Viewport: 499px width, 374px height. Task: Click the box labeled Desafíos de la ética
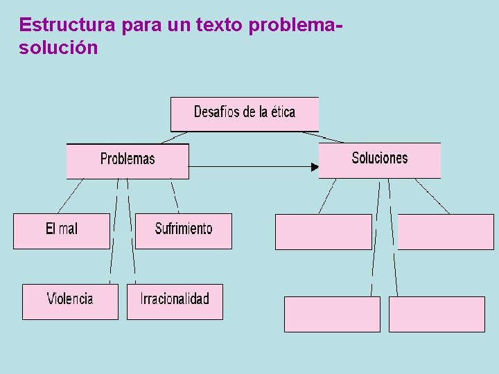pos(245,114)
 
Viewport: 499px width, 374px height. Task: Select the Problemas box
pos(128,161)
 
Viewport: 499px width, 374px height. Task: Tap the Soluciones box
pos(380,160)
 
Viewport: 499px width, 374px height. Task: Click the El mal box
pos(62,231)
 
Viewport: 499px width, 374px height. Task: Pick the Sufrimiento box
pos(184,231)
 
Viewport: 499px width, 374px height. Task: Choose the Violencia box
pos(70,301)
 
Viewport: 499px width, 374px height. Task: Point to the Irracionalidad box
pos(175,301)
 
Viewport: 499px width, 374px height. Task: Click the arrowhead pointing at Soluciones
pos(315,166)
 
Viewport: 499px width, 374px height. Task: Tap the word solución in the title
pos(59,48)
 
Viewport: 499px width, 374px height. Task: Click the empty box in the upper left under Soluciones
pos(324,232)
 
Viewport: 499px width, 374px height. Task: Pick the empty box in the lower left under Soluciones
pos(332,314)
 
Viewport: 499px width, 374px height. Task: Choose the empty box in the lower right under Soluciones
pos(437,314)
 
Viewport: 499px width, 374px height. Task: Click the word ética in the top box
pos(282,112)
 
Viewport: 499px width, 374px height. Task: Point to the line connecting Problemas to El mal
pos(70,196)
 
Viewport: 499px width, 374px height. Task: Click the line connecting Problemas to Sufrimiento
pos(175,196)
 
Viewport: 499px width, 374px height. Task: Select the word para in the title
pos(141,25)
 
